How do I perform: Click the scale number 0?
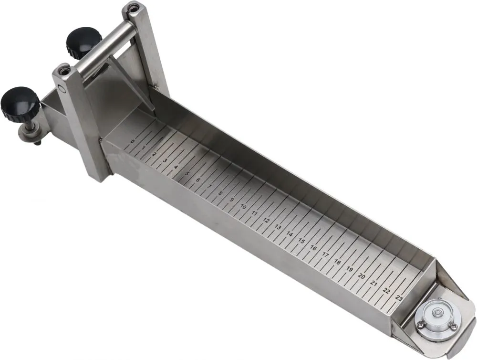tap(132, 141)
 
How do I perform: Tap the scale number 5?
tap(187, 174)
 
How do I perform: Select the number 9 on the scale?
tap(231, 200)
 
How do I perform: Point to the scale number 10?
tap(243, 207)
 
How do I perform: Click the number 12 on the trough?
tap(266, 220)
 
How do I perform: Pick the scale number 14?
tap(290, 234)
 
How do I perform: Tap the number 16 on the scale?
tap(313, 248)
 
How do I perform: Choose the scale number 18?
tap(337, 262)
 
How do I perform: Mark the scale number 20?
tap(362, 276)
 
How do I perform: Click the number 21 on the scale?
tap(374, 284)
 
